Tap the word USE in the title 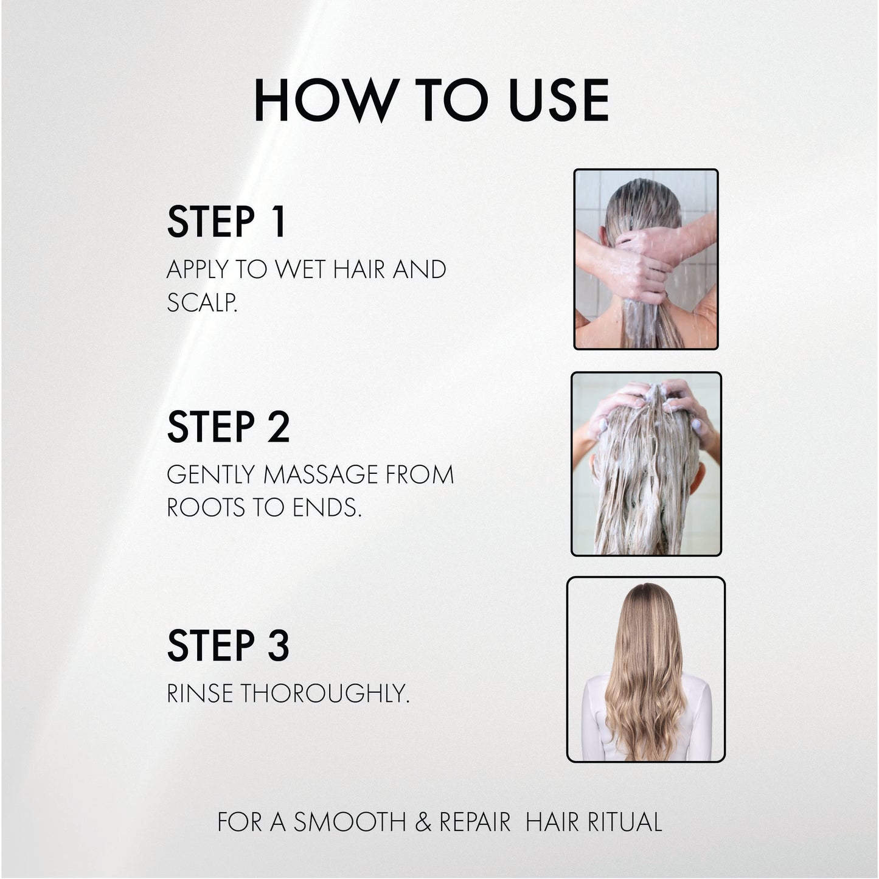pyautogui.click(x=558, y=100)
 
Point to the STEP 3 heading pyautogui.click(x=228, y=645)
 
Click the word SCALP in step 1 pyautogui.click(x=200, y=303)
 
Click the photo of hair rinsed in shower pyautogui.click(x=645, y=259)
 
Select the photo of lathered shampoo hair pyautogui.click(x=646, y=464)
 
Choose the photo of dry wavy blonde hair pyautogui.click(x=645, y=669)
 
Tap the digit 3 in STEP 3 pyautogui.click(x=279, y=645)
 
